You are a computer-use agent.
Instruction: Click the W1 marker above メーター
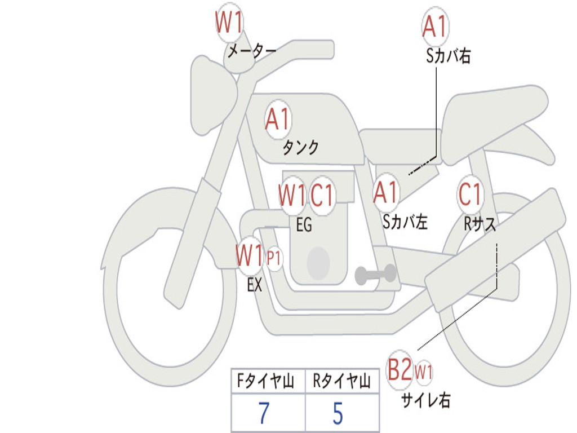[x=229, y=22]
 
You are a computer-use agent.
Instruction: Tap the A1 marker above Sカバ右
[x=435, y=26]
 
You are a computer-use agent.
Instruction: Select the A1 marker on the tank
[x=278, y=119]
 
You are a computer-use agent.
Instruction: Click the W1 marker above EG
[x=292, y=195]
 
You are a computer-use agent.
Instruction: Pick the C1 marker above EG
[x=322, y=195]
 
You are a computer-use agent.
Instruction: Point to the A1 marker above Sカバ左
[x=385, y=193]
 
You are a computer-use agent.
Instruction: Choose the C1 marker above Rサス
[x=471, y=194]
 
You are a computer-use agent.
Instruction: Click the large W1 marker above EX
[x=250, y=256]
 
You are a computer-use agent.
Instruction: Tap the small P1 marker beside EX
[x=274, y=258]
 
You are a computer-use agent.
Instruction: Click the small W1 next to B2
[x=424, y=372]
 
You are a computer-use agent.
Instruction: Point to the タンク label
[x=300, y=147]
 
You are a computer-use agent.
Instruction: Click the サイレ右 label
[x=426, y=400]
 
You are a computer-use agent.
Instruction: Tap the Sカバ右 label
[x=448, y=56]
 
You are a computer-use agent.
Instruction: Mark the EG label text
[x=304, y=224]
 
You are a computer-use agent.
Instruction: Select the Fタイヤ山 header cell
[x=268, y=381]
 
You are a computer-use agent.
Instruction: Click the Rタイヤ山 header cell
[x=342, y=381]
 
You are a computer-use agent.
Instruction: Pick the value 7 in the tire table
[x=264, y=413]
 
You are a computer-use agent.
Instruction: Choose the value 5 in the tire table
[x=338, y=413]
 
